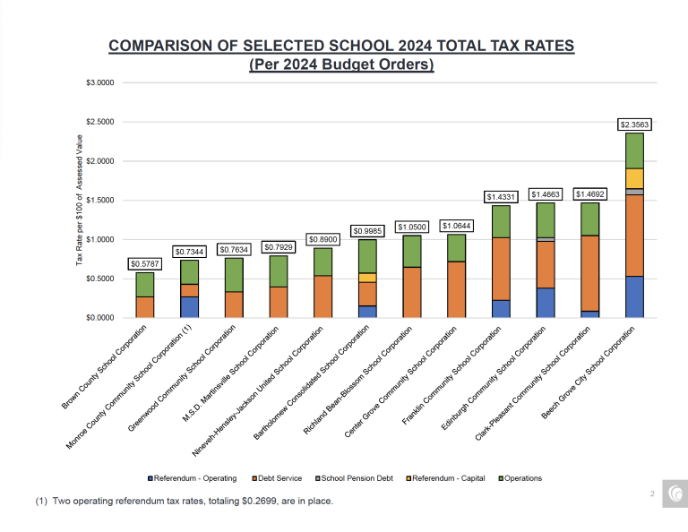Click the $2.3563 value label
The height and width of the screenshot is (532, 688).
[634, 124]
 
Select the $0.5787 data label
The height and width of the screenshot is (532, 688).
[145, 264]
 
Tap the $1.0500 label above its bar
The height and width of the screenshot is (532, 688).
[413, 227]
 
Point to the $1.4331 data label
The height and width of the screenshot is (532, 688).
[501, 196]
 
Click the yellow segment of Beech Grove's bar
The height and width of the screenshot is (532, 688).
[634, 178]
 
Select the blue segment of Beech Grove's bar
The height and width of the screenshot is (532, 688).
[634, 296]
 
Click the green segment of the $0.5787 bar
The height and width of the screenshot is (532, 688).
[145, 285]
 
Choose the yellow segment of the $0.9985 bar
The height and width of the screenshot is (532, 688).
[367, 278]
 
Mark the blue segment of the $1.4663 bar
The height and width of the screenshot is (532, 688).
[546, 303]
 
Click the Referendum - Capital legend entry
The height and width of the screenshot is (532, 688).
[448, 478]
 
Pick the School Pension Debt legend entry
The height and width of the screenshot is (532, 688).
[357, 478]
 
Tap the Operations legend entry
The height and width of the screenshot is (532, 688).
[520, 478]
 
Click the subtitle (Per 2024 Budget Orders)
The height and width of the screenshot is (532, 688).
[340, 64]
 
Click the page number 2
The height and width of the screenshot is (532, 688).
[652, 493]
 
